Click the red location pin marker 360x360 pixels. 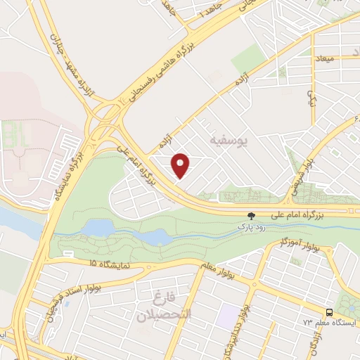coord(181,165)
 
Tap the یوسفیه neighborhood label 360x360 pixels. coord(229,141)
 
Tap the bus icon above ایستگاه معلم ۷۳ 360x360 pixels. coord(329,311)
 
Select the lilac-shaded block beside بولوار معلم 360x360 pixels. coord(226,316)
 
